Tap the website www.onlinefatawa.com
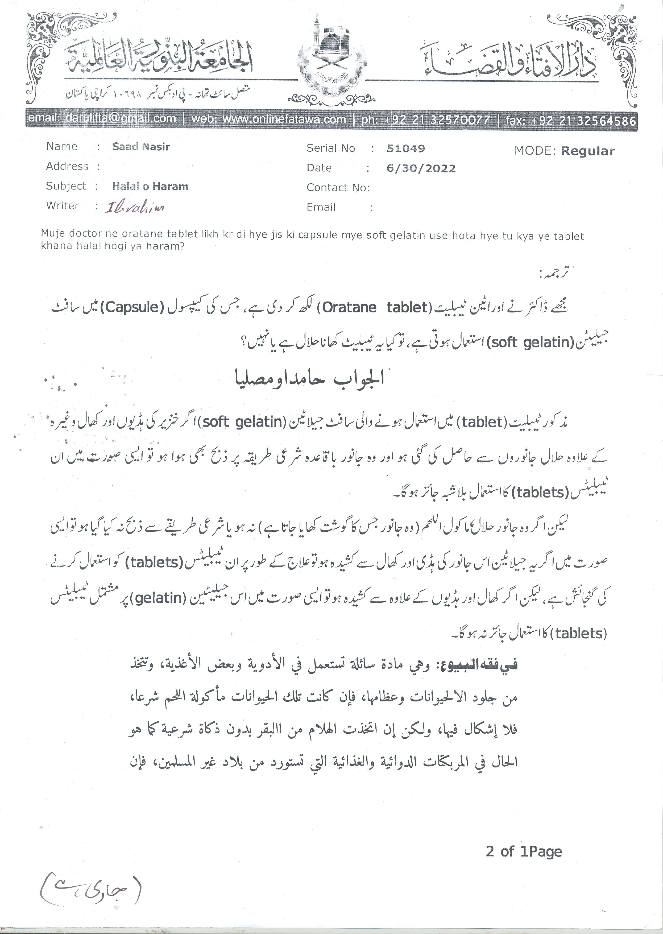point(268,119)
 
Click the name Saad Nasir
point(141,147)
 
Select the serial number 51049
point(405,148)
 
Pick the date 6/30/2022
point(421,168)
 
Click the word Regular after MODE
point(587,151)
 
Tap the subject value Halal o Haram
point(150,187)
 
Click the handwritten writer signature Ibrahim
point(135,208)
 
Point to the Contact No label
point(338,188)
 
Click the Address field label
point(67,166)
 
